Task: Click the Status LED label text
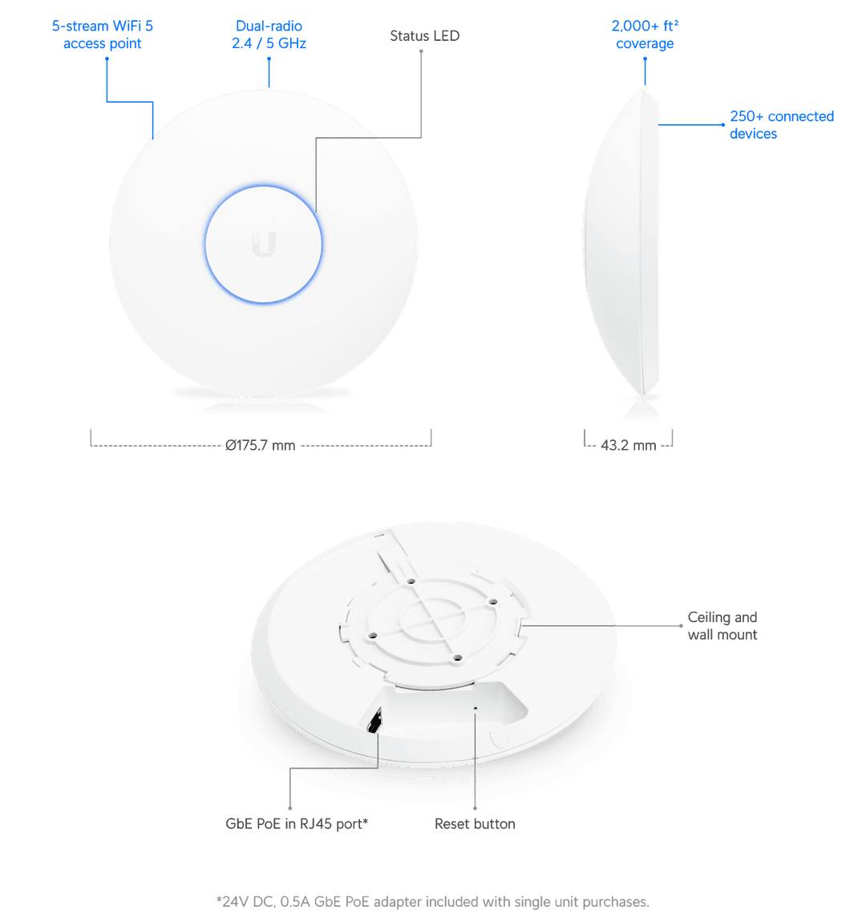[x=424, y=36]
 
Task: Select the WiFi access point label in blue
[x=103, y=35]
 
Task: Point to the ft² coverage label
[x=645, y=35]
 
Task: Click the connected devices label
[x=781, y=125]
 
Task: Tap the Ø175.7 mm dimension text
[x=260, y=446]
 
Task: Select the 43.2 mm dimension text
[x=628, y=446]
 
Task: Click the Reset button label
[x=475, y=823]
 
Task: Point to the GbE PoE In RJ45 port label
[x=297, y=823]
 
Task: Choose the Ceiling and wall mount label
[x=722, y=626]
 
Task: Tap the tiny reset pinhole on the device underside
[x=476, y=708]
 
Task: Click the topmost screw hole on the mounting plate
[x=410, y=580]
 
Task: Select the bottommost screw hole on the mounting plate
[x=456, y=658]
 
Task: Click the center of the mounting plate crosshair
[x=434, y=619]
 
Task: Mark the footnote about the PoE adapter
[x=433, y=902]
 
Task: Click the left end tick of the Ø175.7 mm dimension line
[x=90, y=437]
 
